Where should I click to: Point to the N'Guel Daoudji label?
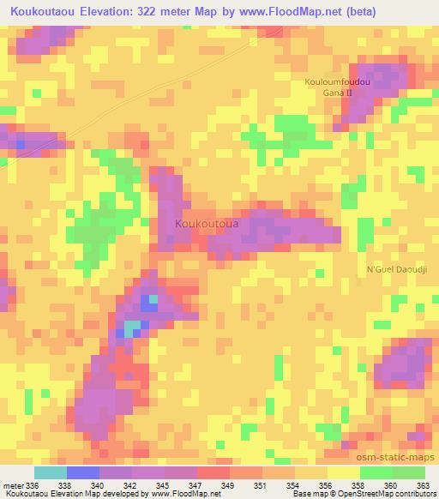396,268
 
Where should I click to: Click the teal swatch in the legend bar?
51,472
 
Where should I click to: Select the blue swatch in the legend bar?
83,472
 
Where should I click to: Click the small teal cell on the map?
131,328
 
